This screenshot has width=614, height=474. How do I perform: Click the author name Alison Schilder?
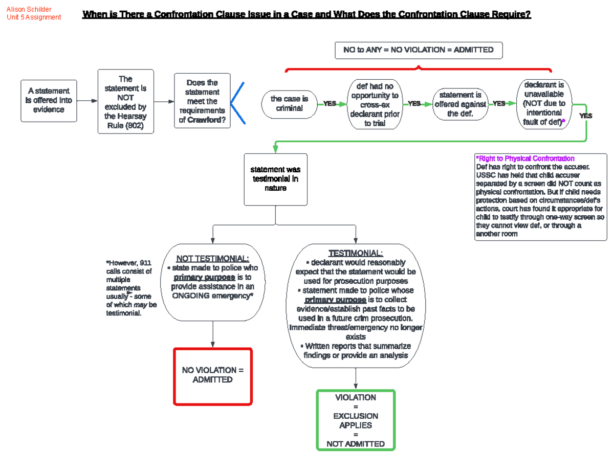click(x=29, y=9)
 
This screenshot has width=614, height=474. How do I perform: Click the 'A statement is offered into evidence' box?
click(x=49, y=100)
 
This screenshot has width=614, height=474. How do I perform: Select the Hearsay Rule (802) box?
click(x=125, y=101)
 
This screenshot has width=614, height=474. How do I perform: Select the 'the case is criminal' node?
click(x=289, y=103)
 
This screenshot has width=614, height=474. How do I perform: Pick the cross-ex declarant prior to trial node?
click(x=375, y=105)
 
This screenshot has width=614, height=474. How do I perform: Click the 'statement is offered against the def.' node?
click(x=460, y=104)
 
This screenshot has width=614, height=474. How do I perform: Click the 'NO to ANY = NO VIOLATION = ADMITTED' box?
click(x=419, y=50)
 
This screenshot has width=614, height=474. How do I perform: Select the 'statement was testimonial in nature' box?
click(x=275, y=179)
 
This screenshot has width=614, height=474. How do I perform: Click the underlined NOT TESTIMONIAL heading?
click(x=212, y=258)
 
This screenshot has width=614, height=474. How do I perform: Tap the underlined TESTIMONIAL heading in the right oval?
click(x=356, y=253)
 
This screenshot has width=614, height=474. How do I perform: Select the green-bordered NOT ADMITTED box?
click(x=356, y=420)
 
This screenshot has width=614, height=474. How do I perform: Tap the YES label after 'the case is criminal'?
click(x=330, y=104)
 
